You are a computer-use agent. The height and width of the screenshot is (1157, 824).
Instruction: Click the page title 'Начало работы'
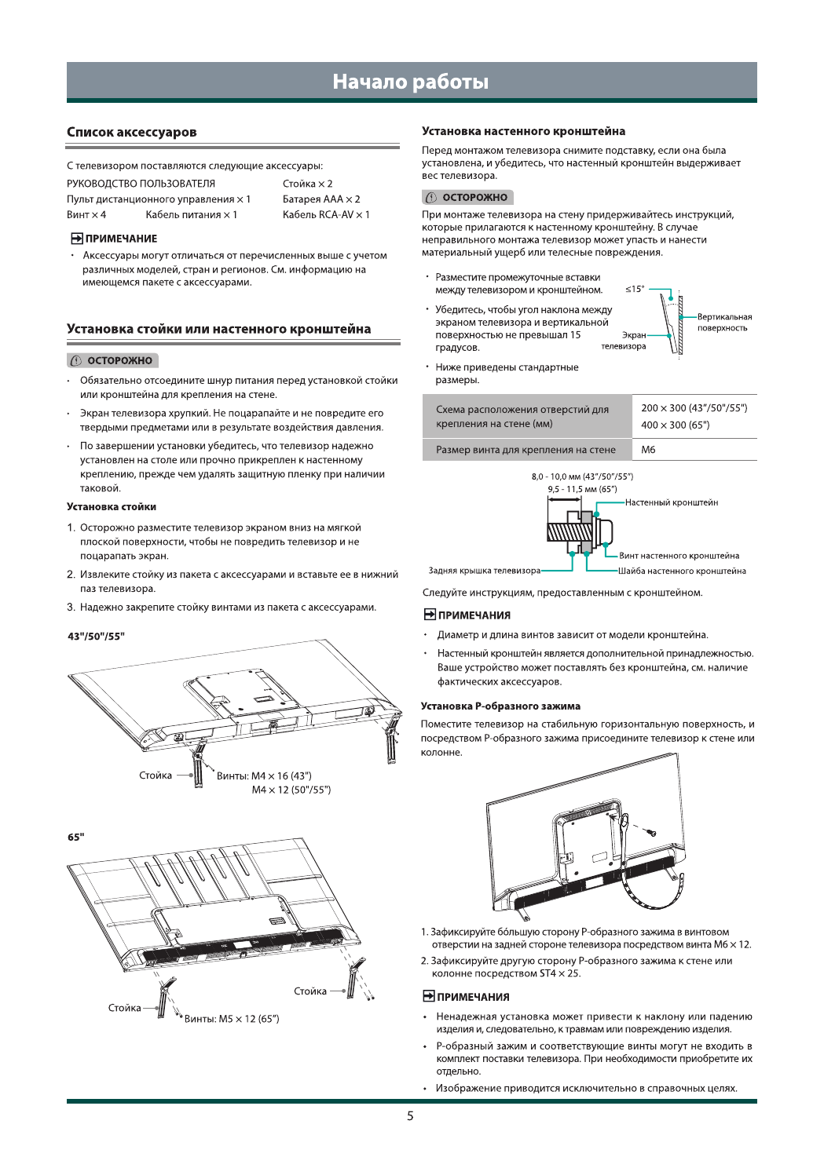click(410, 82)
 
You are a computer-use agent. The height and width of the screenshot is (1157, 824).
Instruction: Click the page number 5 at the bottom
click(410, 1115)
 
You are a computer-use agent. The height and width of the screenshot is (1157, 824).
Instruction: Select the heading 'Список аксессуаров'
click(131, 132)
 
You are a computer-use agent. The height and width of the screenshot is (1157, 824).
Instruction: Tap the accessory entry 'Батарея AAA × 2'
click(321, 199)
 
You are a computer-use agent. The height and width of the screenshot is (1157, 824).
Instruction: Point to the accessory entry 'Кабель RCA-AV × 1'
click(326, 215)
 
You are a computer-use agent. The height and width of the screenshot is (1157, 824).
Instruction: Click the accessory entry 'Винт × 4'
click(86, 215)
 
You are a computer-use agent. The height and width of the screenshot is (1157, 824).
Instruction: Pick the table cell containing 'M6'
click(648, 450)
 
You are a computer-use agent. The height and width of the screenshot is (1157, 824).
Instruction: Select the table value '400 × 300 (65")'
click(675, 425)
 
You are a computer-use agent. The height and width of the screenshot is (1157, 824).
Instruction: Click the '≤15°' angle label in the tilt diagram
click(635, 290)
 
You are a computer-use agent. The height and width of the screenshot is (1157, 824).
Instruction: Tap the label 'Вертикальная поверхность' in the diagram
click(724, 323)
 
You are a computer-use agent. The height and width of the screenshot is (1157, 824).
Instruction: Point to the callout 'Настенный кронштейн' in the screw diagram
click(671, 502)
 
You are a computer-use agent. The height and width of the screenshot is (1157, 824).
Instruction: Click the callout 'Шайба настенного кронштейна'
click(681, 571)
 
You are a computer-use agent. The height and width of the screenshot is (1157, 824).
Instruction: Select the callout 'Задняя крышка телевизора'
click(484, 571)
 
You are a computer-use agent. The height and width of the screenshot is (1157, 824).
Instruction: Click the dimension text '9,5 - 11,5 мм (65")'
click(582, 489)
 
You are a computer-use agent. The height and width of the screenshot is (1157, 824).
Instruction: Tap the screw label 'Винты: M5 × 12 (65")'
click(232, 1019)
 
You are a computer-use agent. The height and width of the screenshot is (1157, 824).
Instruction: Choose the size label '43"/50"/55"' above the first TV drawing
click(96, 637)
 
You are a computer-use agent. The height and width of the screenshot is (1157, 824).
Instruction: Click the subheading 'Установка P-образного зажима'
click(500, 706)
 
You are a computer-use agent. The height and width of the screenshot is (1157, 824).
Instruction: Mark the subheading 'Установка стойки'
click(112, 507)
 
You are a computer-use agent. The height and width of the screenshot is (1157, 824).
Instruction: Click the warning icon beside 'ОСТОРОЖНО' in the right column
click(431, 198)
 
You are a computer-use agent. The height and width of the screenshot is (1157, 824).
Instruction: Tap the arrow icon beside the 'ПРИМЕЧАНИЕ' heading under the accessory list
click(77, 239)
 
